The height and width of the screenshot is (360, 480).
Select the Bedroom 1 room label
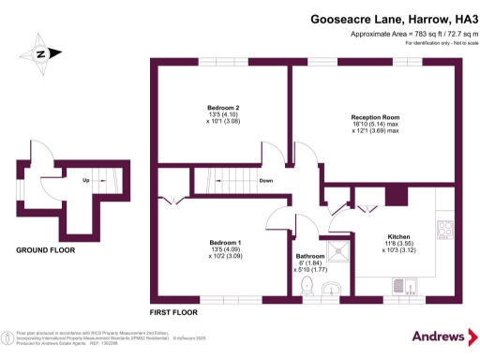pyautogui.click(x=223, y=242)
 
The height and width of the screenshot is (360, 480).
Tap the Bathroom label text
pyautogui.click(x=310, y=256)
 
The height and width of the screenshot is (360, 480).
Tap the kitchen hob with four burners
pyautogui.click(x=445, y=230)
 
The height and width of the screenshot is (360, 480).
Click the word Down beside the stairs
pyautogui.click(x=266, y=181)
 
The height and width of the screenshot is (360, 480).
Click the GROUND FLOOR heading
pyautogui.click(x=45, y=250)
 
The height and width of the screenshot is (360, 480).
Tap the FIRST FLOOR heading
pyautogui.click(x=174, y=310)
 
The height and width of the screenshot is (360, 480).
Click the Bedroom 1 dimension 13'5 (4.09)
pyautogui.click(x=223, y=249)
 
